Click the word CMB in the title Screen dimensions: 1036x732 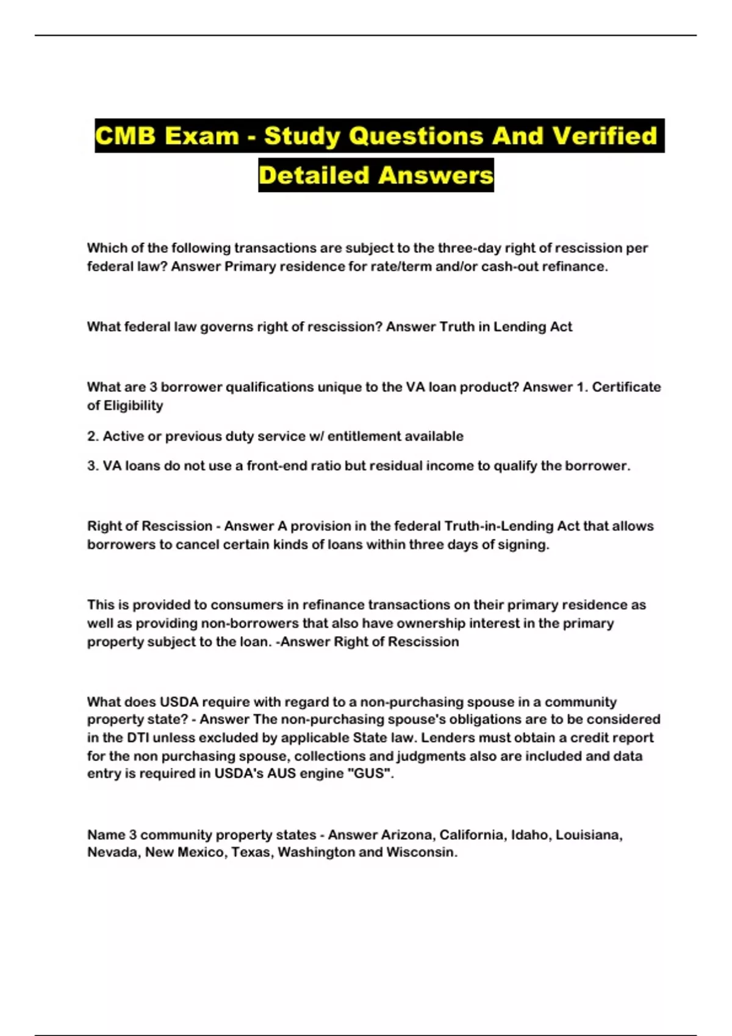(126, 136)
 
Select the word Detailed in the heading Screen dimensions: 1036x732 (314, 176)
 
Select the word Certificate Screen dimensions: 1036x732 (626, 387)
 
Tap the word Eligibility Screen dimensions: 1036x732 (133, 405)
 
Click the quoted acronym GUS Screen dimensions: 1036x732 (372, 773)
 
